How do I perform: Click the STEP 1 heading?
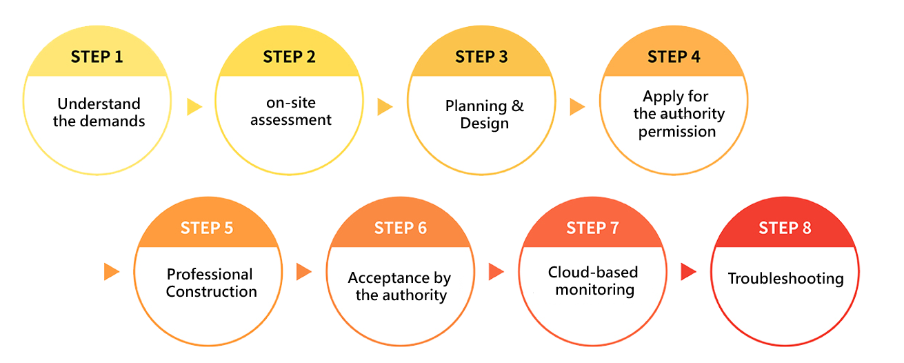click(x=97, y=57)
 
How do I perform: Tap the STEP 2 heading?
click(x=290, y=57)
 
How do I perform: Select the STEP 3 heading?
click(x=481, y=57)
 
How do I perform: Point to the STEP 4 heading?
click(x=674, y=57)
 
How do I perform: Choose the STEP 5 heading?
click(x=207, y=228)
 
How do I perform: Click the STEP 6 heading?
click(x=401, y=228)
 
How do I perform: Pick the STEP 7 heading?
click(x=592, y=228)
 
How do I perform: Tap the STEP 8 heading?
click(x=785, y=228)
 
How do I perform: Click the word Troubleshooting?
click(x=786, y=279)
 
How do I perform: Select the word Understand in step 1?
click(x=99, y=104)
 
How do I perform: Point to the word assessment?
click(x=291, y=120)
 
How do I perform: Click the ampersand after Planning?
click(x=517, y=106)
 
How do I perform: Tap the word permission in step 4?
click(x=677, y=132)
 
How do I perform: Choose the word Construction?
click(x=212, y=291)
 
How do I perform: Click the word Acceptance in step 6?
click(x=389, y=278)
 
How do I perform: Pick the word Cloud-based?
click(x=593, y=272)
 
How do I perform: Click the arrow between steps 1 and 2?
click(x=194, y=107)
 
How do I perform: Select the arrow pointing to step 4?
click(x=578, y=107)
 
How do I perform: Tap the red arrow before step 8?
click(x=688, y=272)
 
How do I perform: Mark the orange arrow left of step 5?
click(x=112, y=272)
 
